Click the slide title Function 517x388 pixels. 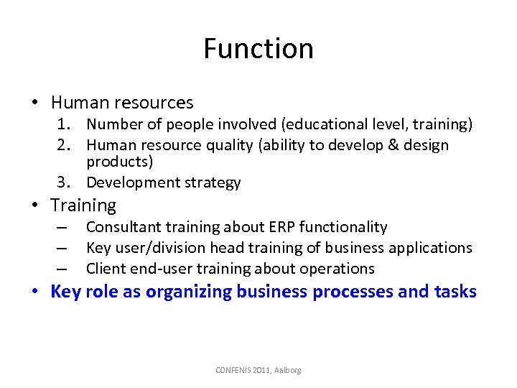click(258, 49)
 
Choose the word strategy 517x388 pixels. click(212, 183)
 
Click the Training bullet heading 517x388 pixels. click(83, 205)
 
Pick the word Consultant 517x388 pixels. click(122, 227)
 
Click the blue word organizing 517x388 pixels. click(182, 292)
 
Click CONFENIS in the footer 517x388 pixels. click(235, 370)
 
